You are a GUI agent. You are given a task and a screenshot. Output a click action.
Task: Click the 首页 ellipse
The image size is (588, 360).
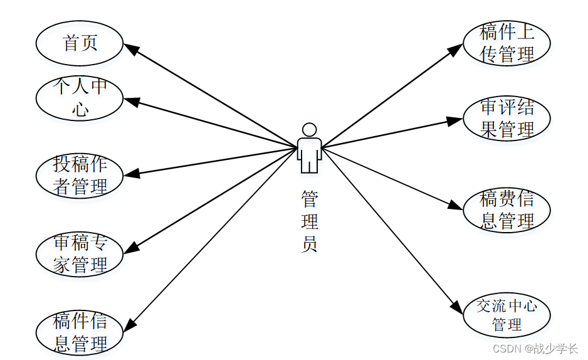click(x=80, y=43)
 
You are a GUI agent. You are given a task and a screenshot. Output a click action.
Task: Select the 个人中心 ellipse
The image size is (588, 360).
click(x=80, y=98)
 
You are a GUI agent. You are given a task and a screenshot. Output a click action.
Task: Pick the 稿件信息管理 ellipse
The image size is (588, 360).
click(x=80, y=332)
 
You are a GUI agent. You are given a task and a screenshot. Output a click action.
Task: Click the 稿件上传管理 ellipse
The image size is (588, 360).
click(x=507, y=43)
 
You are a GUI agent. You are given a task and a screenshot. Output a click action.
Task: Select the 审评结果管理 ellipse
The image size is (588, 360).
click(x=507, y=119)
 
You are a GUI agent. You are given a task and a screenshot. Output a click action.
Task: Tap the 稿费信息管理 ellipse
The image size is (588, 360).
click(x=507, y=210)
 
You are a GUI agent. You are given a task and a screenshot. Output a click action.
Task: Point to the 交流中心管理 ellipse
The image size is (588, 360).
click(x=507, y=315)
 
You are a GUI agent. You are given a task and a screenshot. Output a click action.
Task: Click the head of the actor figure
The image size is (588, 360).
click(x=309, y=130)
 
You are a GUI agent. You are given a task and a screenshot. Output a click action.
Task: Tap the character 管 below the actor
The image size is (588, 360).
click(x=309, y=200)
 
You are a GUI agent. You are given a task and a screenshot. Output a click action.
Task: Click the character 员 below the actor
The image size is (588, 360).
click(x=309, y=244)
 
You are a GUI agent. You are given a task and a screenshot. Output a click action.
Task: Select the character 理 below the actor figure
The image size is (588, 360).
click(x=309, y=222)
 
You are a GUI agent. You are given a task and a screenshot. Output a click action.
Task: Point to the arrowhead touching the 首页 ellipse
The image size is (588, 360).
click(x=130, y=48)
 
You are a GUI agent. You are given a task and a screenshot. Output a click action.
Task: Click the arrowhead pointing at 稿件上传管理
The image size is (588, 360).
click(x=456, y=50)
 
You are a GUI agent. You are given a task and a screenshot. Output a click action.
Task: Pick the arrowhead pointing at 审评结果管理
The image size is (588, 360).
click(x=455, y=120)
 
